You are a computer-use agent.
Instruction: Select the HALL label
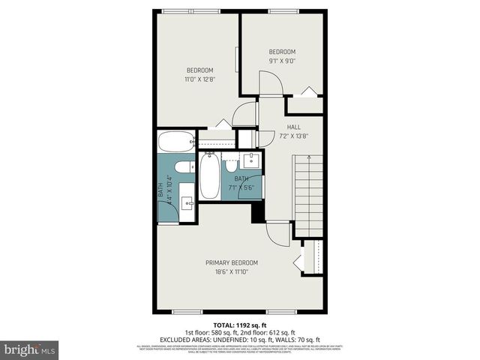coord(293,127)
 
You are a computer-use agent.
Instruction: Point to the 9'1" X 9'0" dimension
coord(283,61)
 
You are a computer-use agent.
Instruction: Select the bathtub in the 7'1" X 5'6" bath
coord(209,177)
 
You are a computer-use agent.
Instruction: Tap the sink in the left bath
coord(188,202)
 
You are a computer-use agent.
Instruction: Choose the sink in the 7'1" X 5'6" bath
coord(250,160)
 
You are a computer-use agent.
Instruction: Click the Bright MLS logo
coord(30,349)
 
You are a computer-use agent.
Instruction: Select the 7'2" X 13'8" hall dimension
coord(293,136)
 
